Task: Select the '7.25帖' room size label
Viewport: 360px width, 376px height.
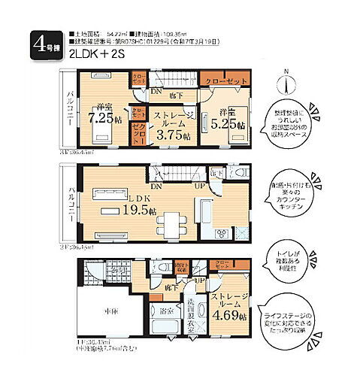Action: pos(101,118)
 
